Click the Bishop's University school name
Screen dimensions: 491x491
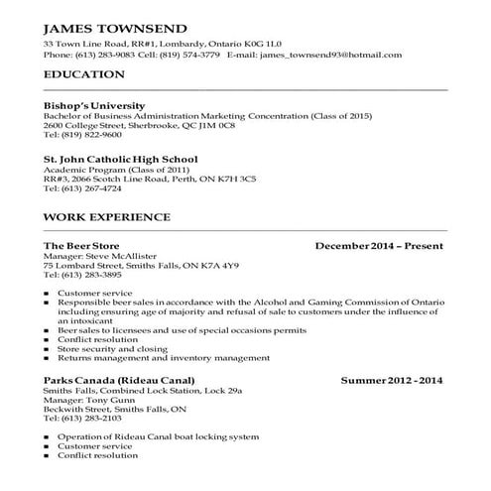tap(94, 105)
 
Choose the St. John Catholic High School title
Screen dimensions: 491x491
tap(120, 159)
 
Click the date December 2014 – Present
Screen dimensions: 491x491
tap(379, 245)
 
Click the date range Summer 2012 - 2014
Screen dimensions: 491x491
tap(392, 381)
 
